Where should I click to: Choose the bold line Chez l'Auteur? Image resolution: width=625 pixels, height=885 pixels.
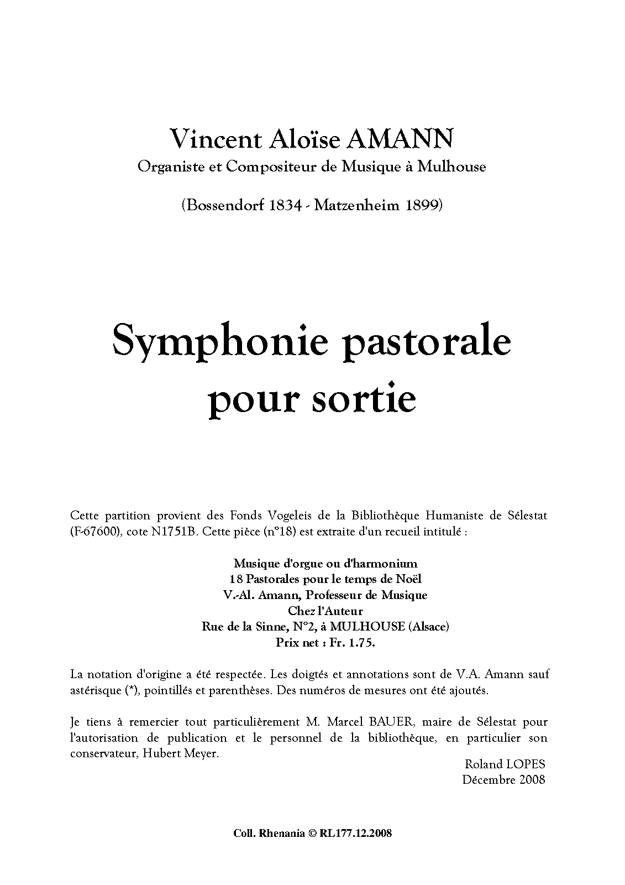pos(325,611)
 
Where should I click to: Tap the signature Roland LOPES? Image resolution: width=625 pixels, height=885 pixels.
pos(505,764)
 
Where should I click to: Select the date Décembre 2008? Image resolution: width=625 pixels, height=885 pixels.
pos(503,780)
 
